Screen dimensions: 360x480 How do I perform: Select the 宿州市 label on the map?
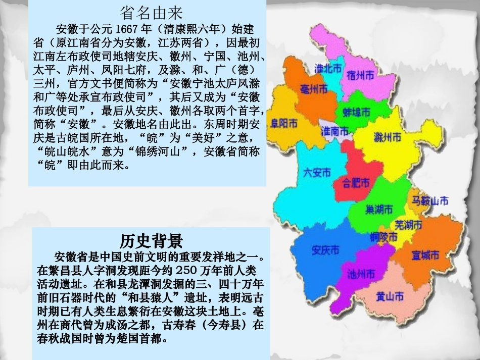point(360,75)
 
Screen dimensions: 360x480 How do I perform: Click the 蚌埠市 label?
point(356,112)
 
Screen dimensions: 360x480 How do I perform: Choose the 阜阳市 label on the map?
point(284,123)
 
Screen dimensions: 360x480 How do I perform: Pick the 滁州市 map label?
point(388,137)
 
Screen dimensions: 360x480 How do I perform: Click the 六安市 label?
point(316,172)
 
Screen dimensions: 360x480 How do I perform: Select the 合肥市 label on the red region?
point(356,182)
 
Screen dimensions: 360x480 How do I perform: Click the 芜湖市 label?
point(408,225)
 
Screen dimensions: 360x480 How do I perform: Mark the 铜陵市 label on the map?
point(383,236)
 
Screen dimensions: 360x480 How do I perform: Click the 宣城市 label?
point(425,255)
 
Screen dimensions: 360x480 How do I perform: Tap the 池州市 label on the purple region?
point(361,274)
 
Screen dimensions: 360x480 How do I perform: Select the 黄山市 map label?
point(390,296)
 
